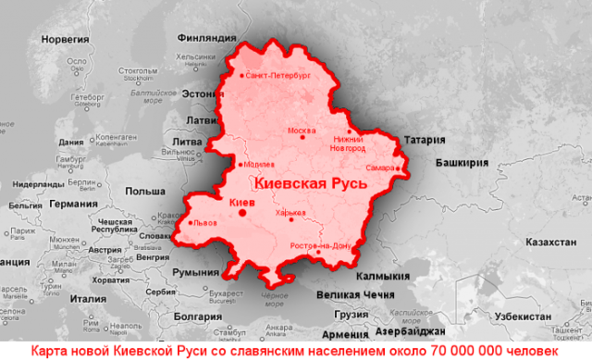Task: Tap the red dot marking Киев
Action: pyautogui.click(x=242, y=212)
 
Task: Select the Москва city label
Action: pyautogui.click(x=302, y=130)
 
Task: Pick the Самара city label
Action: pyautogui.click(x=379, y=168)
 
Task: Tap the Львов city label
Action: pyautogui.click(x=205, y=222)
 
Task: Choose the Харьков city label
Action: pyautogui.click(x=290, y=213)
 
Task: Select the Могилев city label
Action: pyautogui.click(x=260, y=166)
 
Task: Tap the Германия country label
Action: pyautogui.click(x=74, y=204)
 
